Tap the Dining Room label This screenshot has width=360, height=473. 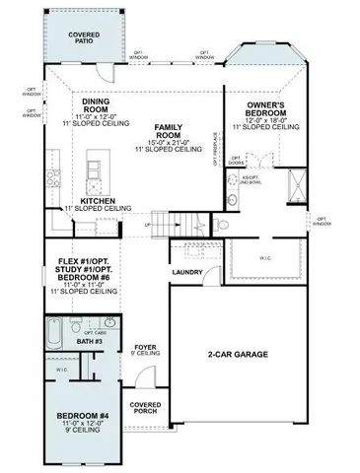click(96, 102)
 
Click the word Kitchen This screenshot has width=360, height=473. click(98, 200)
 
